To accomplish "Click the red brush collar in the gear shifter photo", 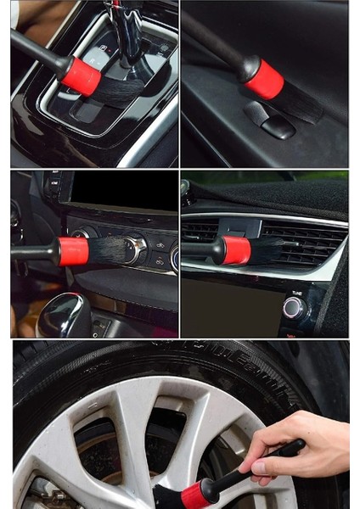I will (81, 76).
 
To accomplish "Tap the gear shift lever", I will (127, 34).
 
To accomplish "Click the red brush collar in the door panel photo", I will (263, 78).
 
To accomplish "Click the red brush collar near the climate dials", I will (73, 251).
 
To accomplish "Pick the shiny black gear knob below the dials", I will (64, 316).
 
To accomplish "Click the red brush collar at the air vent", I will (235, 250).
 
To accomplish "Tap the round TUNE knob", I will (295, 307).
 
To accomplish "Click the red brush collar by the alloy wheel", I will (198, 493).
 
